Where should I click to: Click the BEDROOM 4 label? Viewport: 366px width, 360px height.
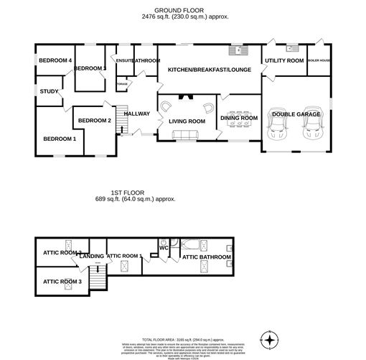(55, 61)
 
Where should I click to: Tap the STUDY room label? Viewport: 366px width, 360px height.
(49, 91)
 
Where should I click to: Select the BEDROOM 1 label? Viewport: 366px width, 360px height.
(59, 139)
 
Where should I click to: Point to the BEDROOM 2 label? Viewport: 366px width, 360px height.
(94, 120)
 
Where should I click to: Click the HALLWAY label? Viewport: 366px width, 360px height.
(136, 114)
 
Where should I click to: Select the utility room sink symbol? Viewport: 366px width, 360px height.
(291, 48)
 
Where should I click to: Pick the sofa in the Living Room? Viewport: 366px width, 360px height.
(186, 136)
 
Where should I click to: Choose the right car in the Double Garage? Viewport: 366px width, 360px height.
(313, 126)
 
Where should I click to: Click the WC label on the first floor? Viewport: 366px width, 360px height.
(164, 249)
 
